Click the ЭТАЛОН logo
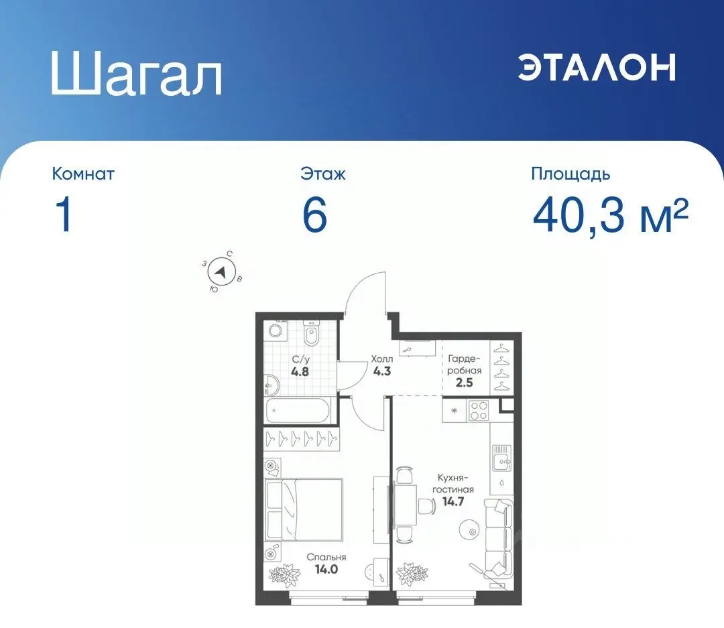(596, 67)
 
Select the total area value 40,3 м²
(610, 216)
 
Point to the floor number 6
(314, 216)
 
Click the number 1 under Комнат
(64, 216)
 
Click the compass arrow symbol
(221, 272)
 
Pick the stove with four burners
(479, 410)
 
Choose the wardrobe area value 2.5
(464, 383)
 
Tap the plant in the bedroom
(285, 574)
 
